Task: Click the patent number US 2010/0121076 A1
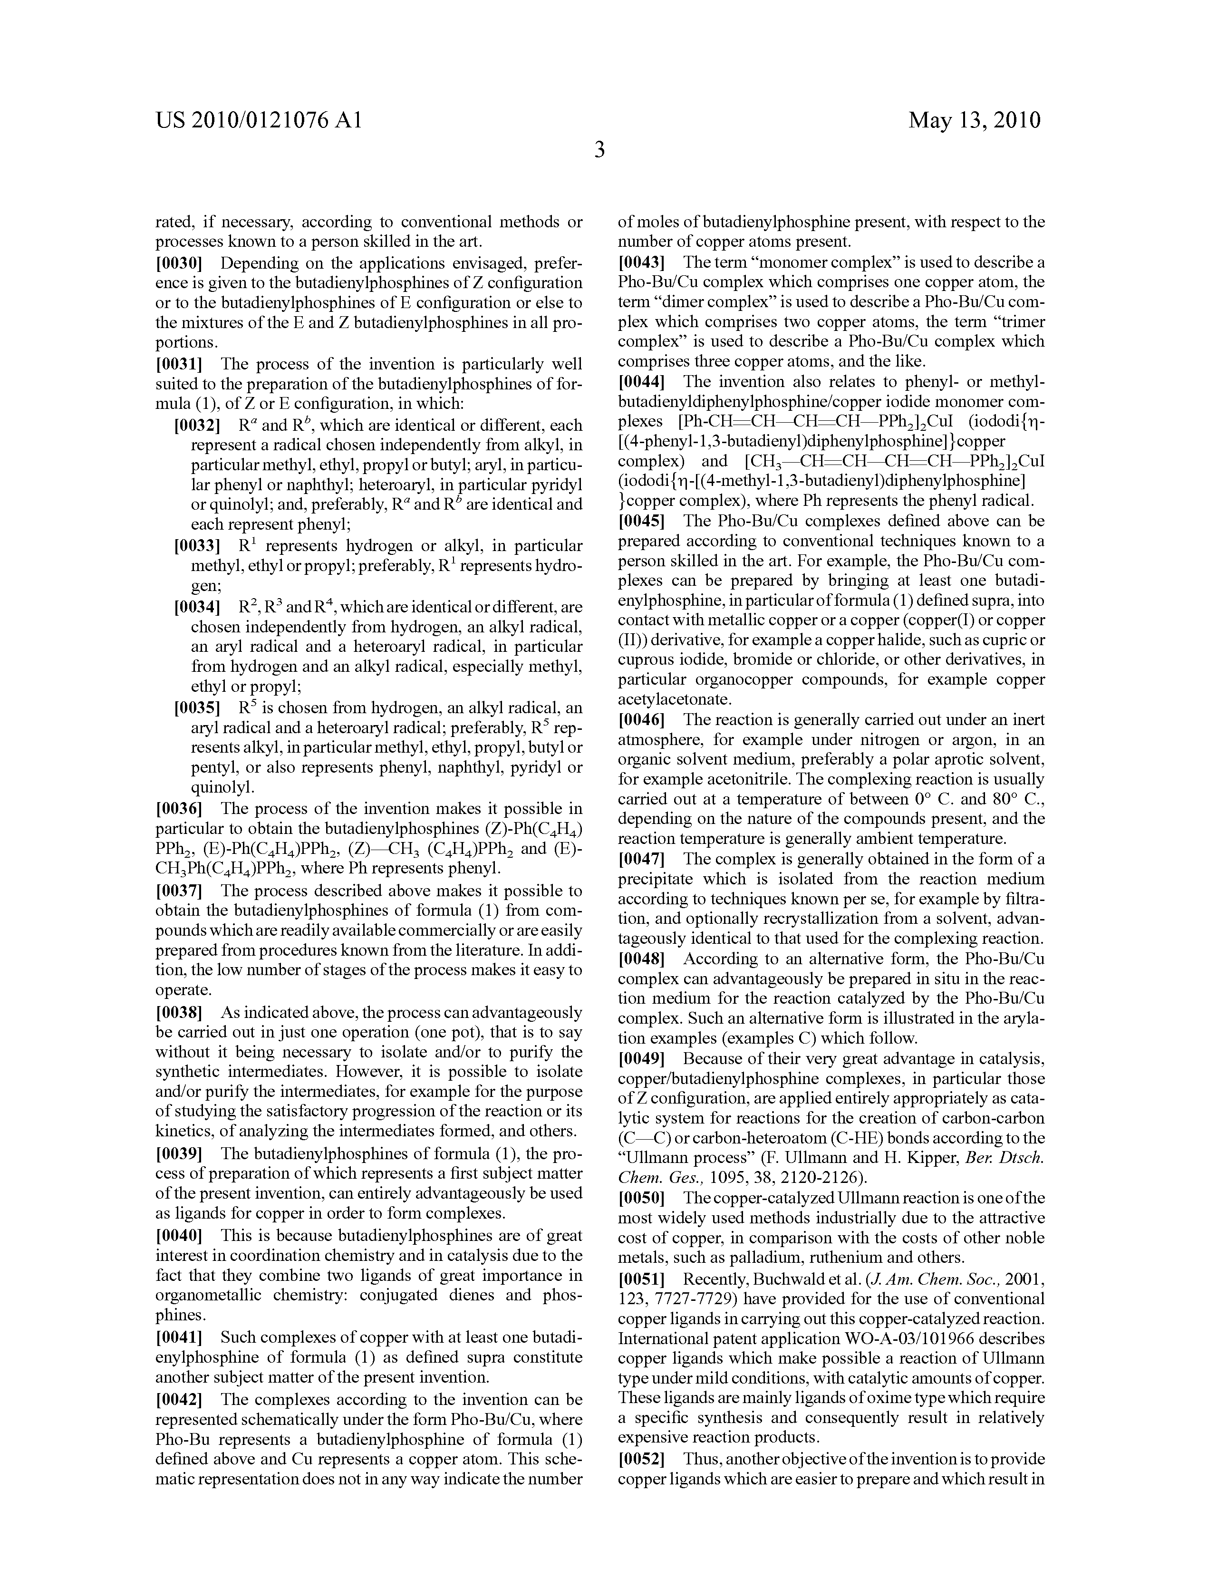(258, 120)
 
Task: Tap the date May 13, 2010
(974, 120)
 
